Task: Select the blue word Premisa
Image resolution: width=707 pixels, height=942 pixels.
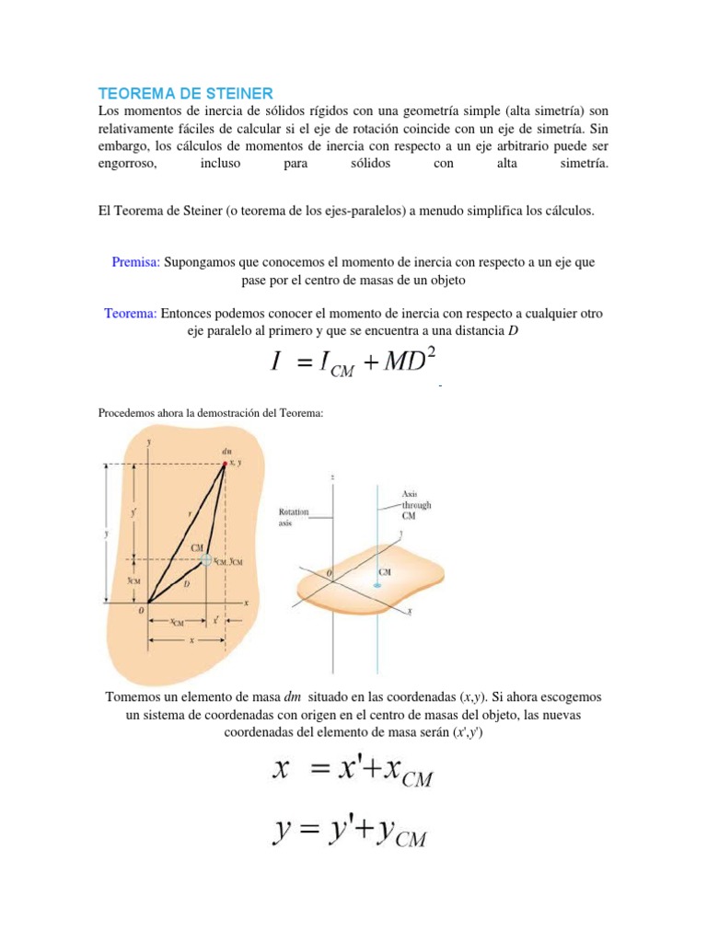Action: click(136, 262)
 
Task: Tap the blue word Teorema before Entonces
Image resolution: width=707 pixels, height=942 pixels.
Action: click(130, 313)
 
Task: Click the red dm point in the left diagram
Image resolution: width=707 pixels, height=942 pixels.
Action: click(224, 465)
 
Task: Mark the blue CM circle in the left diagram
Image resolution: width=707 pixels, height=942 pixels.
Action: click(207, 559)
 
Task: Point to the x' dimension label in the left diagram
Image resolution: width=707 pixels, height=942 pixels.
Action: click(215, 621)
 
